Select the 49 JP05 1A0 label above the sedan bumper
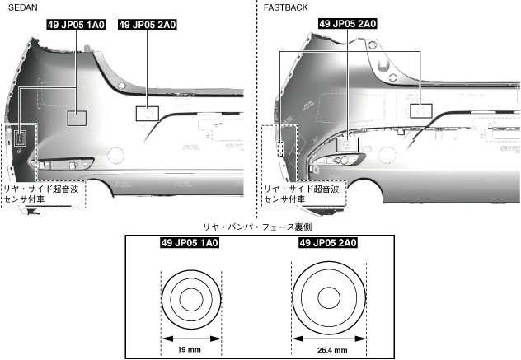click(76, 25)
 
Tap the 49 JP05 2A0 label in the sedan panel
click(148, 25)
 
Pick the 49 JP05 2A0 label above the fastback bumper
click(348, 24)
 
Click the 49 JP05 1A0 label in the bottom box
click(190, 243)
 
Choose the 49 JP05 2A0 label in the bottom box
click(328, 243)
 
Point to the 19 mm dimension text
click(190, 350)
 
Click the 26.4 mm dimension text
click(328, 350)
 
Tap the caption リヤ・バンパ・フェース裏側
click(260, 226)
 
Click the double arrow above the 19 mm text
click(190, 337)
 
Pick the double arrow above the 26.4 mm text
click(328, 337)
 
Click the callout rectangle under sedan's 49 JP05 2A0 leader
click(147, 113)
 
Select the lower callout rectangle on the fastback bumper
click(348, 143)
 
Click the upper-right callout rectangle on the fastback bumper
click(421, 109)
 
